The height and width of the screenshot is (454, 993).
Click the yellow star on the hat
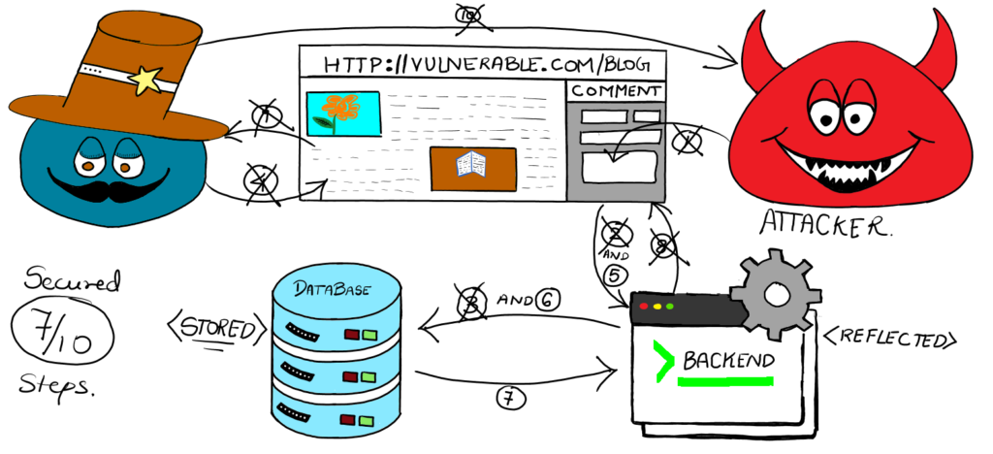tap(145, 81)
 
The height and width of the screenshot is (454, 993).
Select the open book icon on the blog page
tap(471, 166)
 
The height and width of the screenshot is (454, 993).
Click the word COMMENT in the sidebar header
tap(616, 91)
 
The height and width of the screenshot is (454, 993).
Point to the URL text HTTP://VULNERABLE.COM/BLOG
tap(482, 64)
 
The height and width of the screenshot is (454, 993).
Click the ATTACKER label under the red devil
tap(824, 225)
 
